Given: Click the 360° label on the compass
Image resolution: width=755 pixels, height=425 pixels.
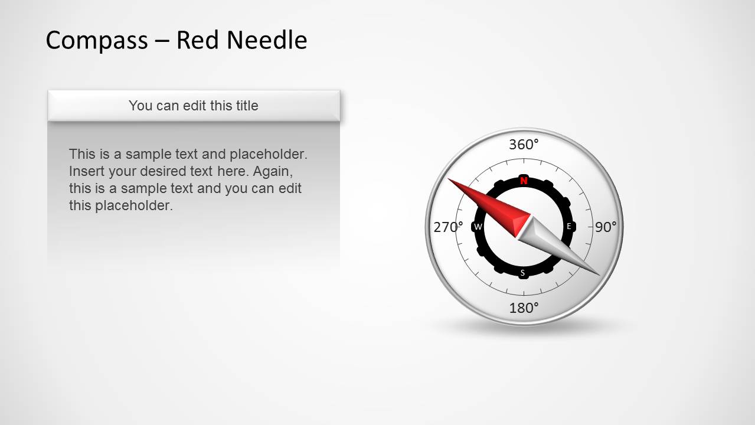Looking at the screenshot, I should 524,145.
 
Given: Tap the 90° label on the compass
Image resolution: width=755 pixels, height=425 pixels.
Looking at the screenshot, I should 605,227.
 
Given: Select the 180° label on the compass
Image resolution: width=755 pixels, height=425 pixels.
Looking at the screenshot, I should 524,308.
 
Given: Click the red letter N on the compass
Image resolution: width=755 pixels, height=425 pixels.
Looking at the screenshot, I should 524,181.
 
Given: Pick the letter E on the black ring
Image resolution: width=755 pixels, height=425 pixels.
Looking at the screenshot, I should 569,226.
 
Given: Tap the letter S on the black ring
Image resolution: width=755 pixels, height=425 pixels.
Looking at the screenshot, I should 522,273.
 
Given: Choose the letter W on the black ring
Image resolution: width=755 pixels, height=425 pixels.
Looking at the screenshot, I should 478,227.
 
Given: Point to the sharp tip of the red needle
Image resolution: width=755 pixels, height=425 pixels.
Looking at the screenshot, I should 449,179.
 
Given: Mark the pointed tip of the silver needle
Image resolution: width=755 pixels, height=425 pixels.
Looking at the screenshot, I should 599,274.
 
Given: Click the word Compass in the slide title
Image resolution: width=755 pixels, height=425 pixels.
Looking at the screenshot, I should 97,40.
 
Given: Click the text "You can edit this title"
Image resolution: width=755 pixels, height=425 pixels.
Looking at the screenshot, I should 194,106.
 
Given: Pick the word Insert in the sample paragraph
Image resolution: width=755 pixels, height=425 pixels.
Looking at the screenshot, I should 87,171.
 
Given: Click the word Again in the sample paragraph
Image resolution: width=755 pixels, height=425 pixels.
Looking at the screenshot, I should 274,171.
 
